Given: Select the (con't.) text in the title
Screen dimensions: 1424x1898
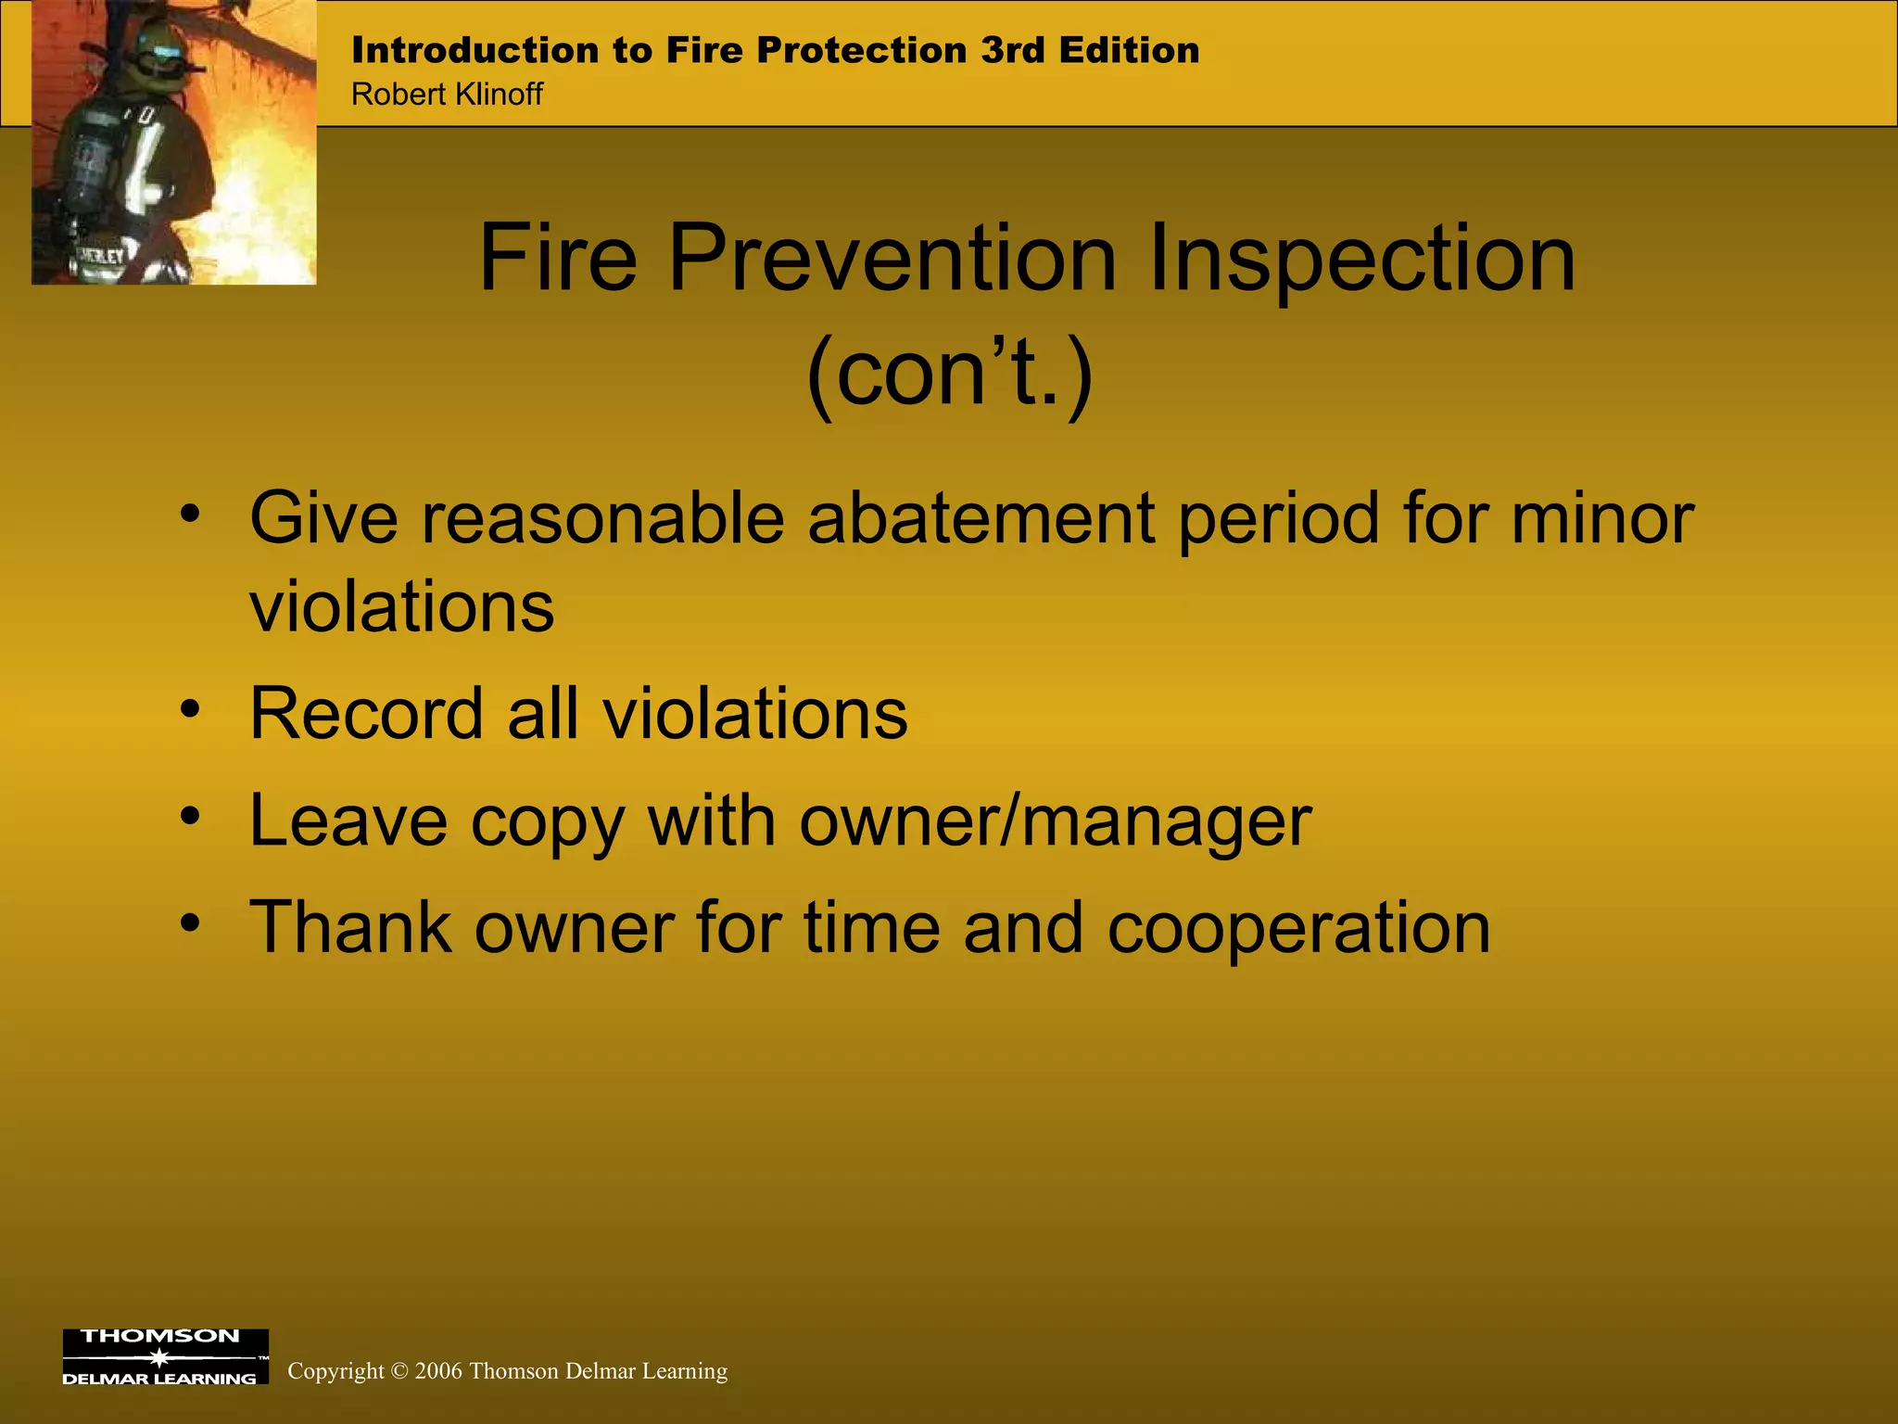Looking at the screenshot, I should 949,374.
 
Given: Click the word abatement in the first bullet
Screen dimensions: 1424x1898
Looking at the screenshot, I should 981,518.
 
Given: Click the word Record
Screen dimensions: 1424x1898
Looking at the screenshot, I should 366,714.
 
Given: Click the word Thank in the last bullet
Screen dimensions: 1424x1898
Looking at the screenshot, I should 349,928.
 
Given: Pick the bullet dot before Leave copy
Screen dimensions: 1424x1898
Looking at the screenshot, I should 190,817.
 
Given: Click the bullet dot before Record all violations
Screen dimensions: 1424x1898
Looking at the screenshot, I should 190,709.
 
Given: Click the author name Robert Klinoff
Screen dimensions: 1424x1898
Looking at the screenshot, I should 447,95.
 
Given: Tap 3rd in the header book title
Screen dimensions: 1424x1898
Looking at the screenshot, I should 1013,50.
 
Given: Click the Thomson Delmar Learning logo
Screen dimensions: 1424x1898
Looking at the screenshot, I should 165,1356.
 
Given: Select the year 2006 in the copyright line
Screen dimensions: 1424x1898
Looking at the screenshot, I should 438,1371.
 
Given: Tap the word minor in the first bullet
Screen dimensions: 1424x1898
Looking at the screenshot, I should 1602,518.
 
